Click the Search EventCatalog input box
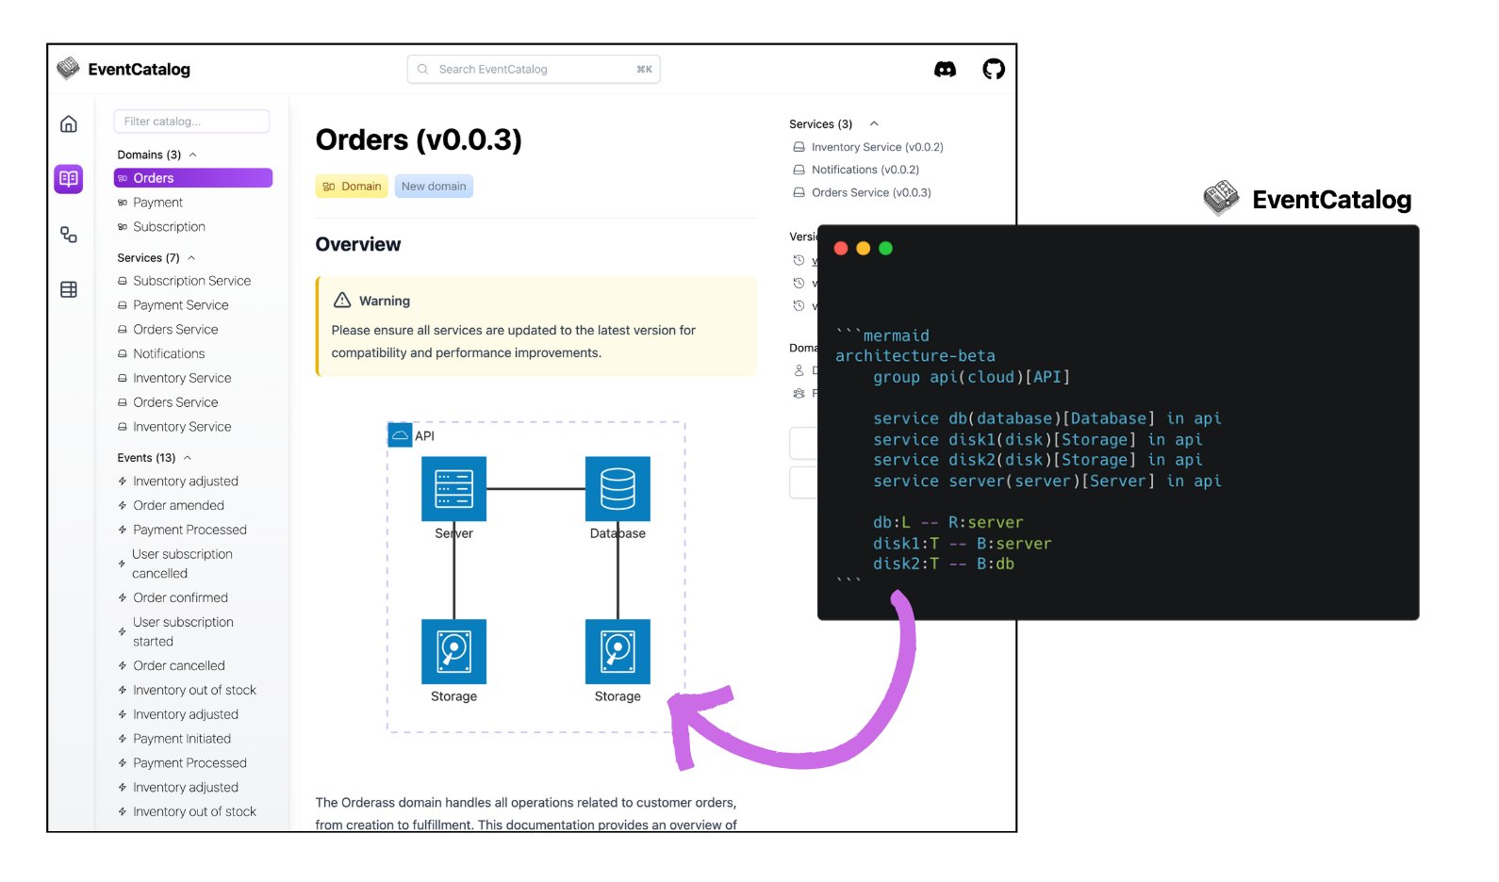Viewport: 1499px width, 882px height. tap(534, 69)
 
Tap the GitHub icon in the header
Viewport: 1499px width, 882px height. tap(994, 69)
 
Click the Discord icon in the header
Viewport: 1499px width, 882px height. tap(945, 69)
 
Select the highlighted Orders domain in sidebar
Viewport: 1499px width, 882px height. tap(192, 178)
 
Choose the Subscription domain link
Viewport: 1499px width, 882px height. tap(169, 227)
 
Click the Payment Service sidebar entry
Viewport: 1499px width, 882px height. tap(180, 305)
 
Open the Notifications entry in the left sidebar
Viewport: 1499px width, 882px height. tap(169, 353)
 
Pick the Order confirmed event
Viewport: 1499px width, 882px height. tap(180, 597)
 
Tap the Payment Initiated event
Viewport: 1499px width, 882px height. tap(181, 739)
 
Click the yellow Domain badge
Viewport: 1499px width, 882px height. tap(352, 187)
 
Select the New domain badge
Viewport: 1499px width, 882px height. tap(434, 187)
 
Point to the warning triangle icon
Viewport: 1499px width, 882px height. tap(342, 300)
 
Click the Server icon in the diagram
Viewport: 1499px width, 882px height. tap(453, 489)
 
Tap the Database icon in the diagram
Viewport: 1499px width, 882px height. tap(618, 489)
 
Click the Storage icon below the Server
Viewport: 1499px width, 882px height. tap(453, 651)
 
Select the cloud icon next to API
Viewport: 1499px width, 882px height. tap(400, 435)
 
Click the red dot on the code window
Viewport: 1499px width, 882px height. tap(841, 249)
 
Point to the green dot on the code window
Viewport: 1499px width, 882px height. tap(885, 249)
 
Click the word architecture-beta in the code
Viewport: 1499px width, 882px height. tap(914, 356)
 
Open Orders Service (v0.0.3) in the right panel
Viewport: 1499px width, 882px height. tap(870, 192)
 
